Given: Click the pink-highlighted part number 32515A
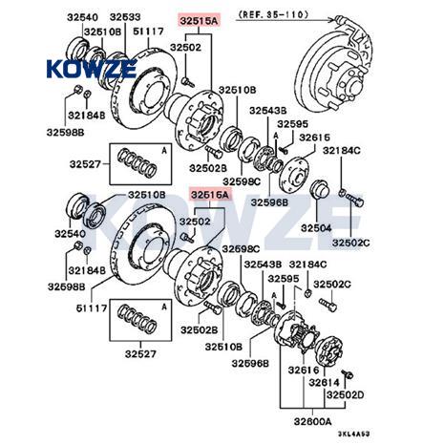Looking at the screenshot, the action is coord(199,21).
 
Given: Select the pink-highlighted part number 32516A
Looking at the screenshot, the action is coord(210,195).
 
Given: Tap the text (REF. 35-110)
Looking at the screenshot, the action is coord(273,14).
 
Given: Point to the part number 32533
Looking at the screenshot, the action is coord(125,17).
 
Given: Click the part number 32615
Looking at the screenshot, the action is coord(315,138).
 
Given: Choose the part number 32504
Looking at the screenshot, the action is coord(316,228).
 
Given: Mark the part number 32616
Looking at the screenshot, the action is coord(304,370).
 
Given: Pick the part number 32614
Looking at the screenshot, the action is coord(325,382).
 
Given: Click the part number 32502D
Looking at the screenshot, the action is coord(345,395).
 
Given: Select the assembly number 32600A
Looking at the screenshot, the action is coord(312,421).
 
